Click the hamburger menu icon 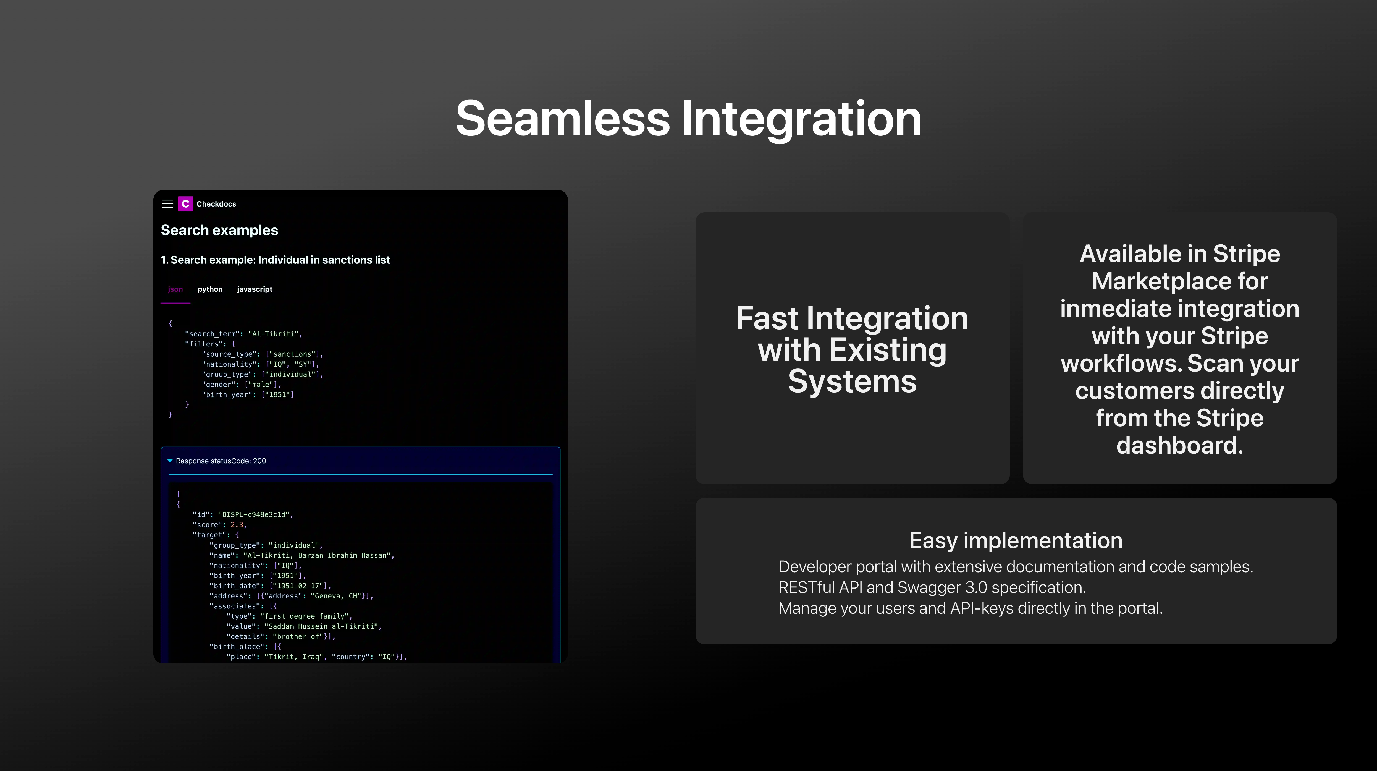(x=167, y=204)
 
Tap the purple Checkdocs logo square (x=185, y=204)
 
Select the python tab (x=210, y=289)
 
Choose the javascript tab (x=255, y=289)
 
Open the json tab (x=175, y=289)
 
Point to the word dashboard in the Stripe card (x=1180, y=445)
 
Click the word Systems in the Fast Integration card (x=852, y=382)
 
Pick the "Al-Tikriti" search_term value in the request (x=273, y=334)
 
